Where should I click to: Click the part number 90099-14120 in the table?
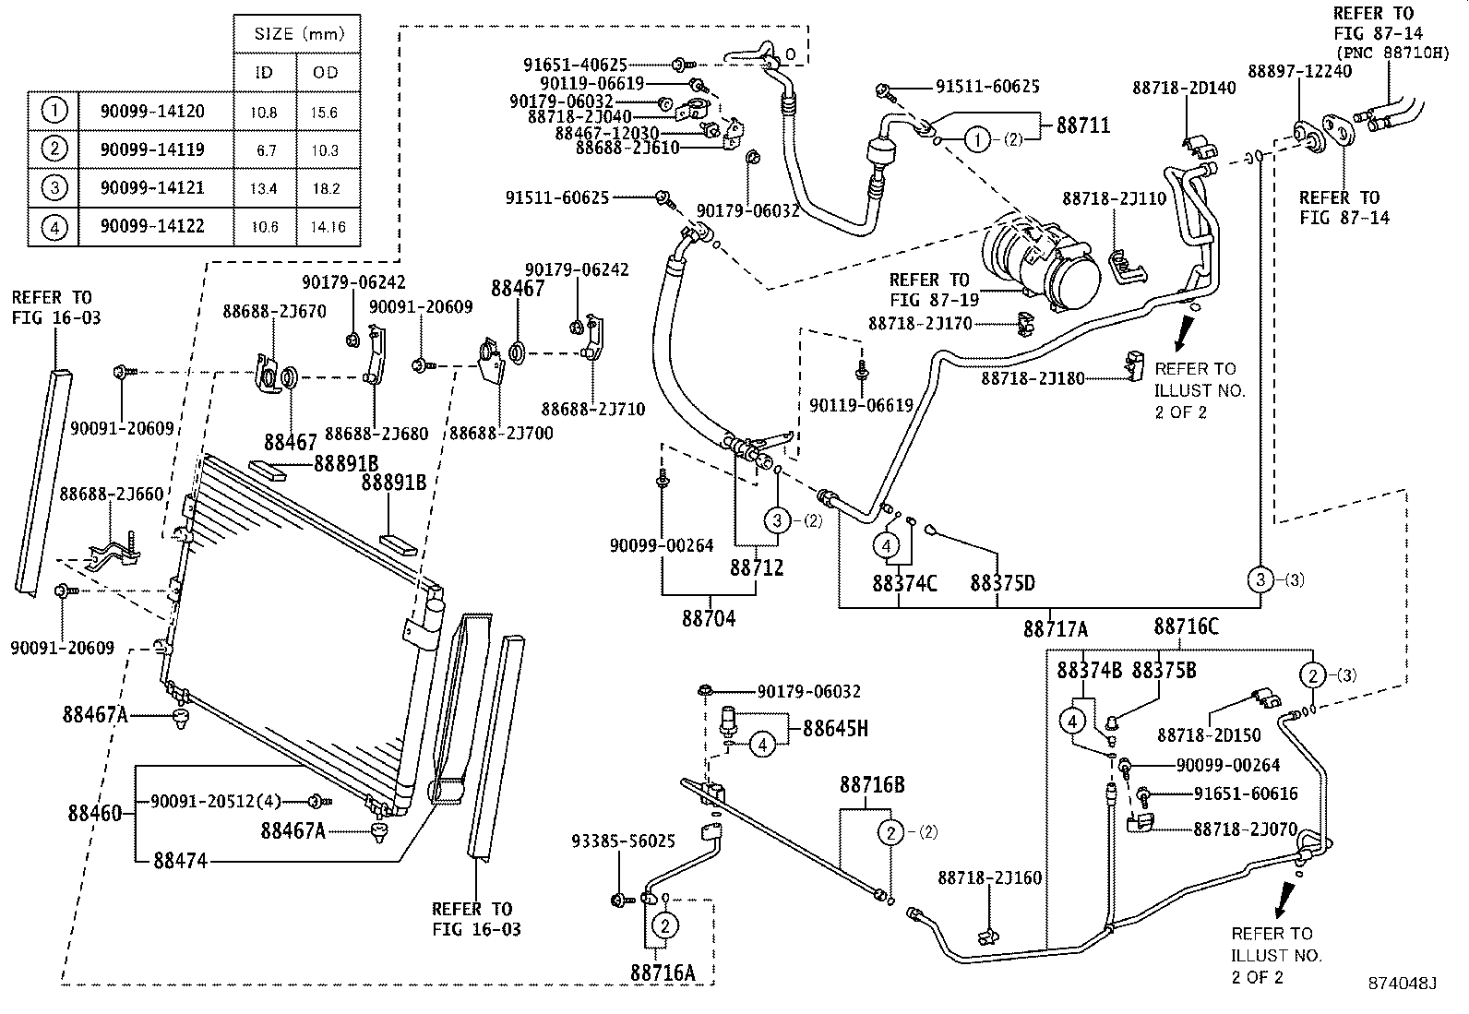152,112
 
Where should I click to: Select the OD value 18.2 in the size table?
326,188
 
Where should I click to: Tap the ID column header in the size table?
264,72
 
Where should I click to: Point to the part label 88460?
94,814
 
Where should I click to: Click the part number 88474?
181,861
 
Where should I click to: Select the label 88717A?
1055,629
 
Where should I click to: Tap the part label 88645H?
835,728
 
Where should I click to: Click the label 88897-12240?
1299,71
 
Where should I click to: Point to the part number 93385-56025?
623,841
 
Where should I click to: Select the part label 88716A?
663,972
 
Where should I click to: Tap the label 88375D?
1002,583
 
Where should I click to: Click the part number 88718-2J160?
990,877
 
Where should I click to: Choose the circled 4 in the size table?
54,226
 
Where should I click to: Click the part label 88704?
709,618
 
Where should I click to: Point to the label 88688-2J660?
112,495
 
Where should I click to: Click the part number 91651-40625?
575,65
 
